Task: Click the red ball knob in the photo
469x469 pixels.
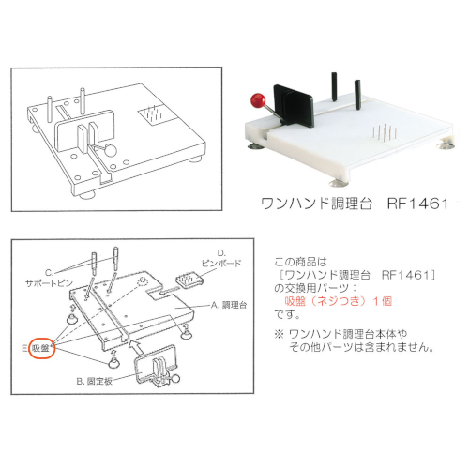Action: tap(258, 100)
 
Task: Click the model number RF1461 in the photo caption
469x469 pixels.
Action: tap(417, 204)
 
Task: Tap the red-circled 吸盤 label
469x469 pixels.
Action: tap(41, 348)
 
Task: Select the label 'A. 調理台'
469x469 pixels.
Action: tap(229, 305)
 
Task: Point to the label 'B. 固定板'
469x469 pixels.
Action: tap(95, 382)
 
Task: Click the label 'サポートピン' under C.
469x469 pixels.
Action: tap(49, 283)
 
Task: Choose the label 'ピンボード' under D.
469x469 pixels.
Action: tap(221, 264)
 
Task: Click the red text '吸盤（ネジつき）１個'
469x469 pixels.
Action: tap(339, 301)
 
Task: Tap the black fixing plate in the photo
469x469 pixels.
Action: tap(293, 106)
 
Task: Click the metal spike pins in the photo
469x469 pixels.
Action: tap(385, 132)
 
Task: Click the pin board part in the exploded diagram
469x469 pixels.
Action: tap(189, 280)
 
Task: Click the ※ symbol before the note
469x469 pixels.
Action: tap(279, 334)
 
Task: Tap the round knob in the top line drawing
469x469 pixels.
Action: tap(111, 150)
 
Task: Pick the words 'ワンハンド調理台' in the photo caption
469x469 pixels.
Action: tap(316, 204)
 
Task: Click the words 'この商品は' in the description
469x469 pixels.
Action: tap(301, 262)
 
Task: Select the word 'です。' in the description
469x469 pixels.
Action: tap(287, 314)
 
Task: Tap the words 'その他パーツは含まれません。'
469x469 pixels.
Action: tap(361, 347)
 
